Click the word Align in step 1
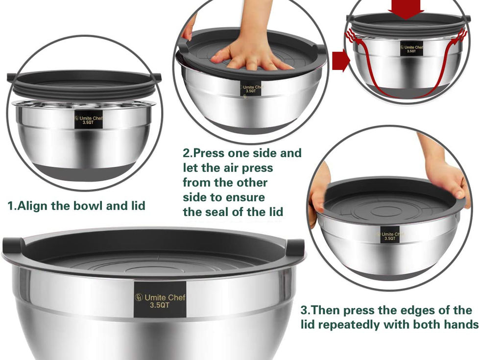33,206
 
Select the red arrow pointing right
341,61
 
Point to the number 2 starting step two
186,153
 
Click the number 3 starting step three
304,310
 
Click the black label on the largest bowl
160,299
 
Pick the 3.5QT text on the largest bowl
159,305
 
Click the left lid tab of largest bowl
13,245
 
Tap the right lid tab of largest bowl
295,247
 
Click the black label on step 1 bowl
88,120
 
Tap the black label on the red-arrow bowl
411,49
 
